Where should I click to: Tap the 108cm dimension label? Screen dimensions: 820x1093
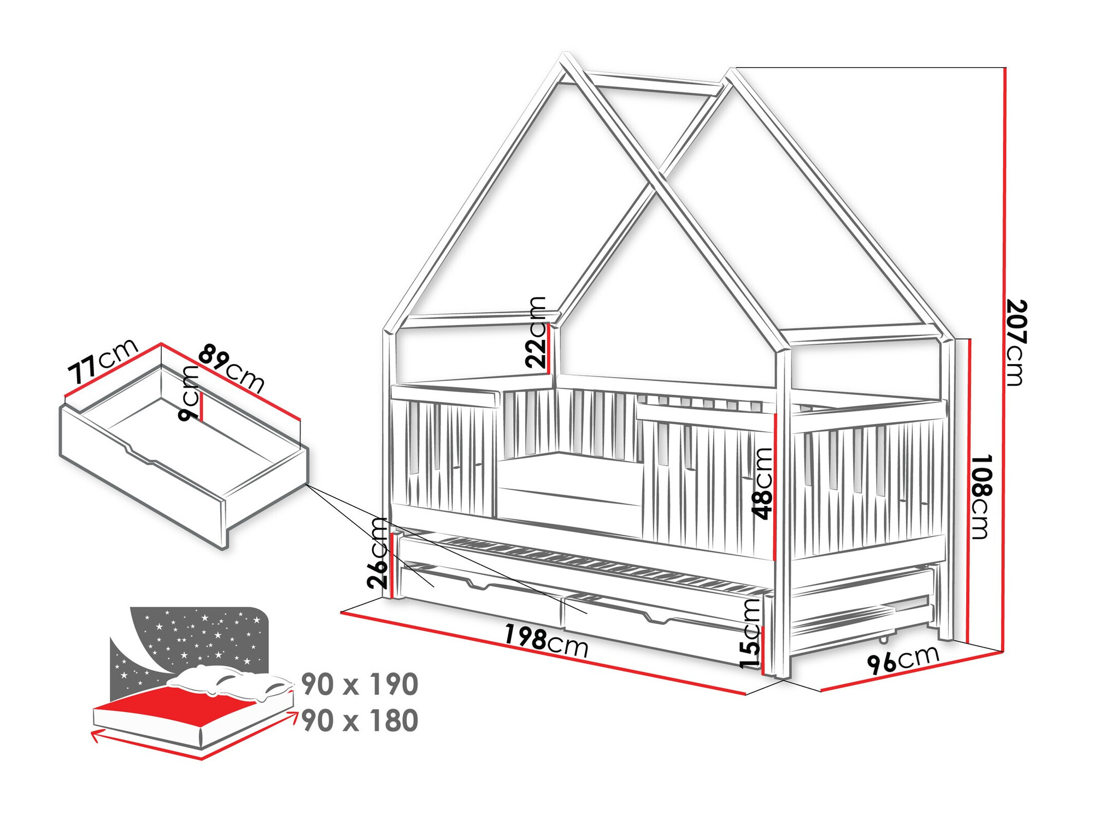982,496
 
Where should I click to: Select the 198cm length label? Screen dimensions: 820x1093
545,641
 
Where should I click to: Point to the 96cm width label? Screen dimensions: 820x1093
903,659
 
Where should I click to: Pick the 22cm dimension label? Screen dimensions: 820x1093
536,332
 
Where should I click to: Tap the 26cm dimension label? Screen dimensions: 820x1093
378,553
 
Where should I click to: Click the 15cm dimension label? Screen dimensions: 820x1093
750,633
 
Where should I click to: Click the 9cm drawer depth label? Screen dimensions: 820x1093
189,393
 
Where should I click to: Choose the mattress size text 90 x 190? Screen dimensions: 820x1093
360,684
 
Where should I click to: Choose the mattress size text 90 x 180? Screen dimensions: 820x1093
360,721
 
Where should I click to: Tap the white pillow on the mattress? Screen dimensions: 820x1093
230,683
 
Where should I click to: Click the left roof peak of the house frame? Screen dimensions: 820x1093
566,57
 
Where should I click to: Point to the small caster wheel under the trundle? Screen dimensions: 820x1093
884,638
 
